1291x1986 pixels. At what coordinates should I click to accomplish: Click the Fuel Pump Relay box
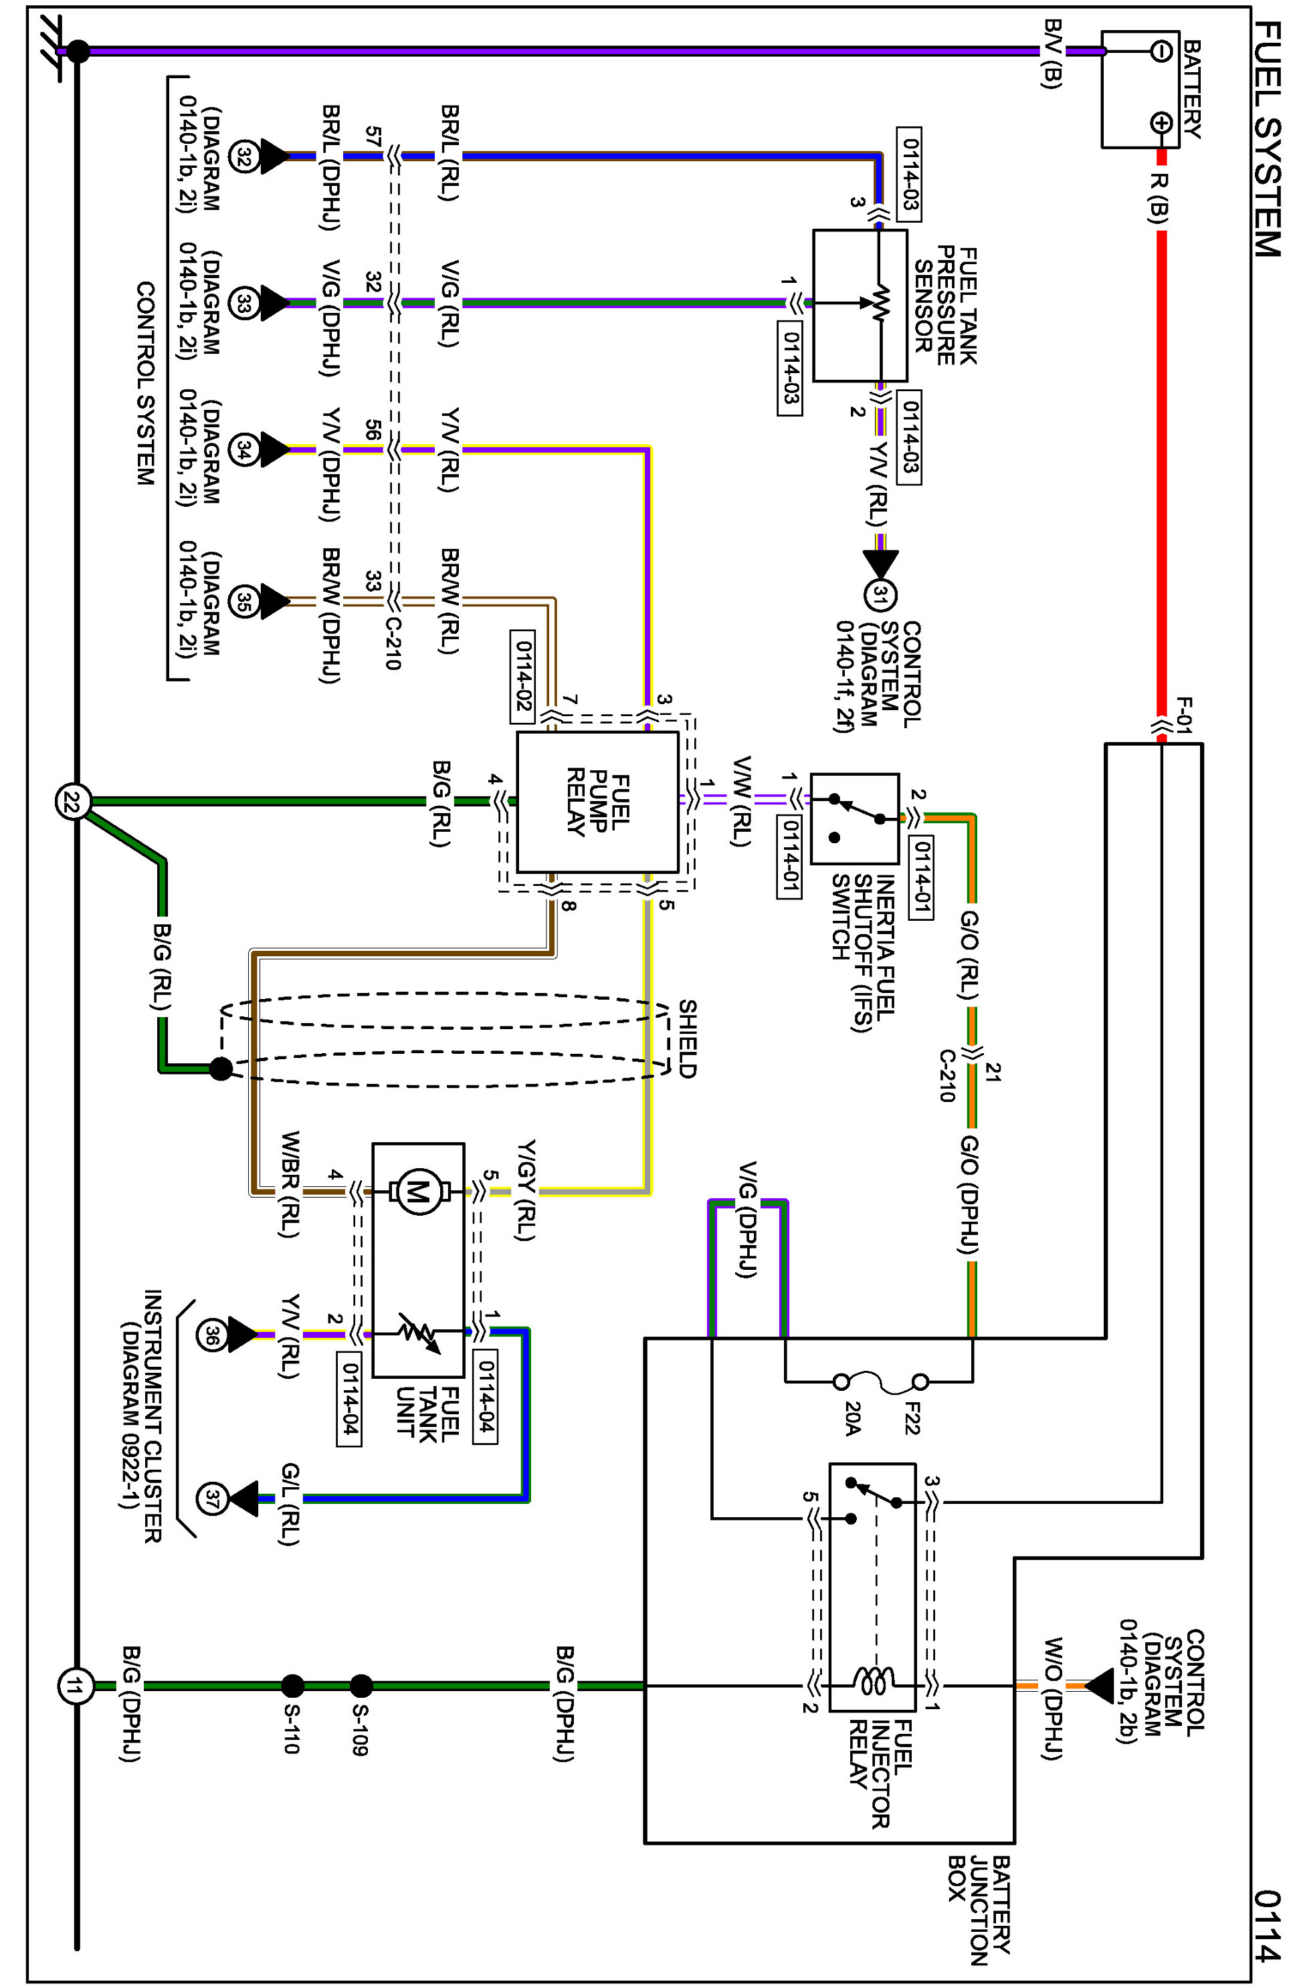point(597,802)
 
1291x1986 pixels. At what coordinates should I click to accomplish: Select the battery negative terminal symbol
point(1161,51)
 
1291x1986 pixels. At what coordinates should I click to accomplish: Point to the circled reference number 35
point(243,600)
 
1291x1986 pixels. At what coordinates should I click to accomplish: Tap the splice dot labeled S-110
point(292,1686)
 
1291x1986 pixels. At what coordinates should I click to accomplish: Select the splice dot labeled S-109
point(361,1686)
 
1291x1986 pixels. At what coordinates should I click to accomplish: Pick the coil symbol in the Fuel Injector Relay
point(873,1680)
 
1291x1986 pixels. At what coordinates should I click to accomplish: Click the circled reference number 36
point(212,1334)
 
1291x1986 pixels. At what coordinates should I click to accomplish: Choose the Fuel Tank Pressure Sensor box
point(860,306)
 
